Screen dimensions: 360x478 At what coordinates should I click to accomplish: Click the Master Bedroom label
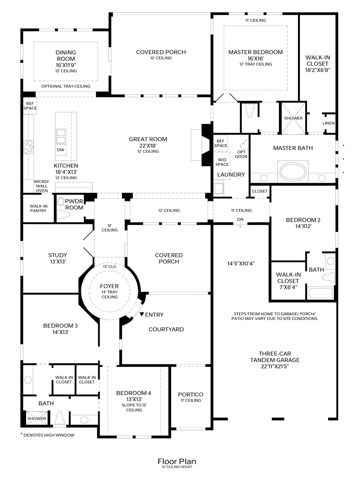(256, 52)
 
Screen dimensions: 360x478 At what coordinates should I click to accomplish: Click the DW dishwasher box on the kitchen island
(60, 150)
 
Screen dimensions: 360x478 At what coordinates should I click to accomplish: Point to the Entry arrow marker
(142, 314)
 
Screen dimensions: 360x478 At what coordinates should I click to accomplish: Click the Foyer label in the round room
(109, 286)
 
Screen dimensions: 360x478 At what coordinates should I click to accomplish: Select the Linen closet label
(328, 123)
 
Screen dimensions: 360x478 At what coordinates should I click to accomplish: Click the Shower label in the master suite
(293, 118)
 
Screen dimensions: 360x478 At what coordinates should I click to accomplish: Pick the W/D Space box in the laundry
(222, 162)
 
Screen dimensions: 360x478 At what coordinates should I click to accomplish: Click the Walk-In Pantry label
(38, 208)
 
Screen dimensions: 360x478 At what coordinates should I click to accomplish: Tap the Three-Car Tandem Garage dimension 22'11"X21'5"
(275, 366)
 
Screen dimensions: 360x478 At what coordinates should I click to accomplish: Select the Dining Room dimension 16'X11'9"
(66, 65)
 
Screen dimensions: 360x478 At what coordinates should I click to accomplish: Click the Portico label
(191, 394)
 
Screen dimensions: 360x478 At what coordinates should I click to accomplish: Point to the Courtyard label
(166, 329)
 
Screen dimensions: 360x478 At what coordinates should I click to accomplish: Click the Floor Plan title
(176, 461)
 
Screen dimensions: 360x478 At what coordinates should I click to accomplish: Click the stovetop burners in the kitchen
(28, 146)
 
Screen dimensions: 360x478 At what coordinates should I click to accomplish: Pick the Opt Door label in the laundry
(241, 154)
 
